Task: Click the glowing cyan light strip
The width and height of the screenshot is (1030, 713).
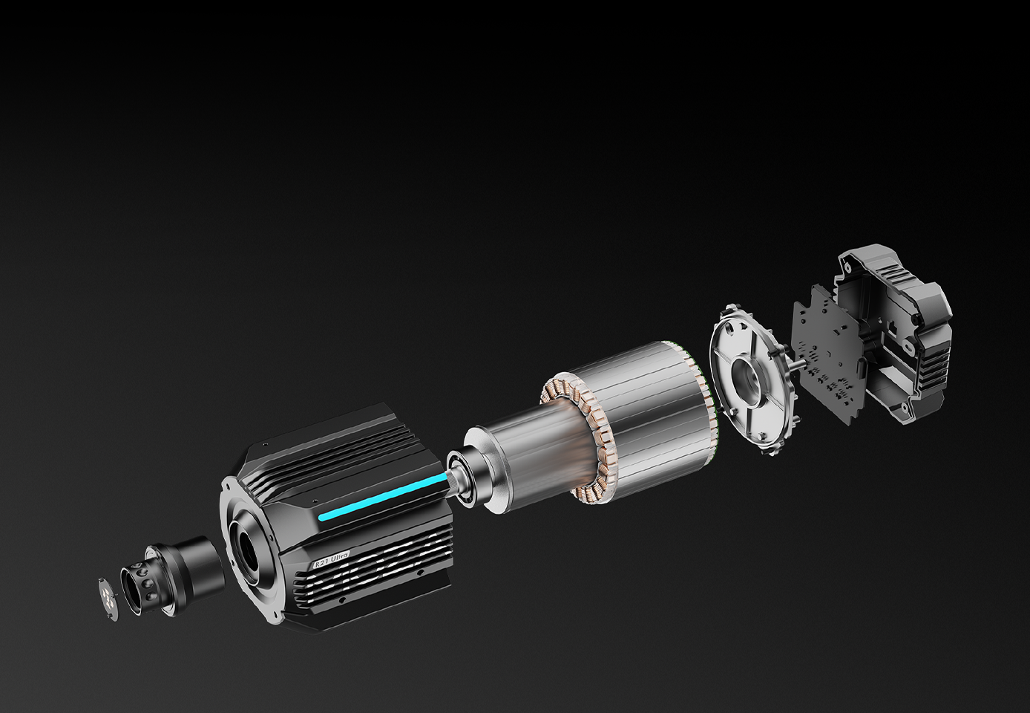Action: point(383,497)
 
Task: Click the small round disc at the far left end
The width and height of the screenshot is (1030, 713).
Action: point(108,599)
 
